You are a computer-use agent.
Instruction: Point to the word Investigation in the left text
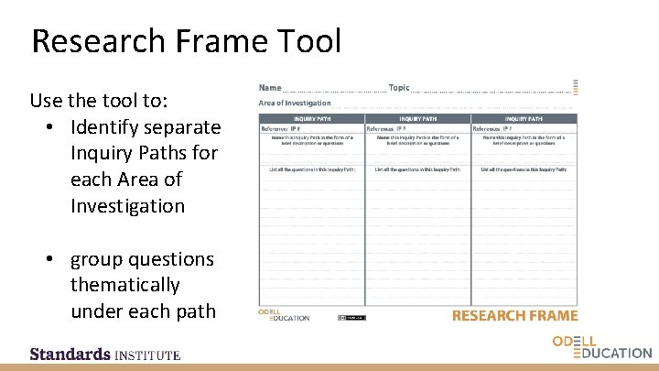click(x=127, y=206)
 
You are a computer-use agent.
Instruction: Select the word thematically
click(x=124, y=285)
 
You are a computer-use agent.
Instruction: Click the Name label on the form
click(x=270, y=88)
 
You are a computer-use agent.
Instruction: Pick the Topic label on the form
click(x=399, y=88)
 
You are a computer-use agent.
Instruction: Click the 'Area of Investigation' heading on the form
click(x=295, y=103)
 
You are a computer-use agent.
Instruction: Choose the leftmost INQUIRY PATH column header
click(x=311, y=118)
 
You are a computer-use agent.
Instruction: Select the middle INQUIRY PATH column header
click(x=417, y=118)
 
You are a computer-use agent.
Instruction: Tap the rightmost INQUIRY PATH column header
click(x=524, y=118)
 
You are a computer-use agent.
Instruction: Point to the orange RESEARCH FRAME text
click(x=515, y=316)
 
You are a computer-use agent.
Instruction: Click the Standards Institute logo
click(x=104, y=354)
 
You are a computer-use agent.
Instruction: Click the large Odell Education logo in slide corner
click(x=601, y=347)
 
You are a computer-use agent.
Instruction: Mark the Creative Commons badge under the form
click(x=351, y=318)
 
